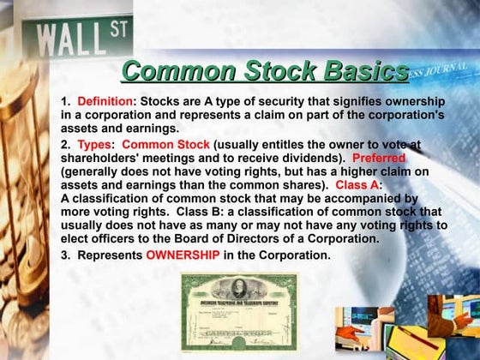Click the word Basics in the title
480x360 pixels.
pos(357,71)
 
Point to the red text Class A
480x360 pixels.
pos(357,185)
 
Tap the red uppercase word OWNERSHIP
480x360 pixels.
pos(183,255)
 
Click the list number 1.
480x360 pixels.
pos(65,101)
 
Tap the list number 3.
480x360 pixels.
pos(65,255)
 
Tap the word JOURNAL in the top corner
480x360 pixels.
pos(447,71)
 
